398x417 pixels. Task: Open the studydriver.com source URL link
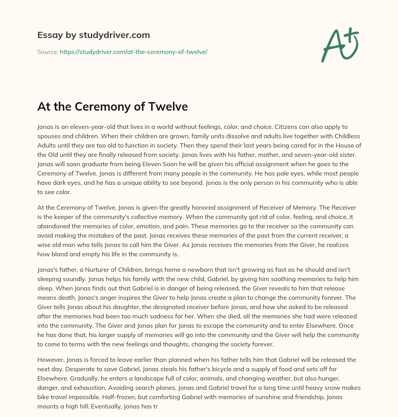coord(133,52)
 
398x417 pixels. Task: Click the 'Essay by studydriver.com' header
coord(94,35)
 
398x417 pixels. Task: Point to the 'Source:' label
coord(47,52)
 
